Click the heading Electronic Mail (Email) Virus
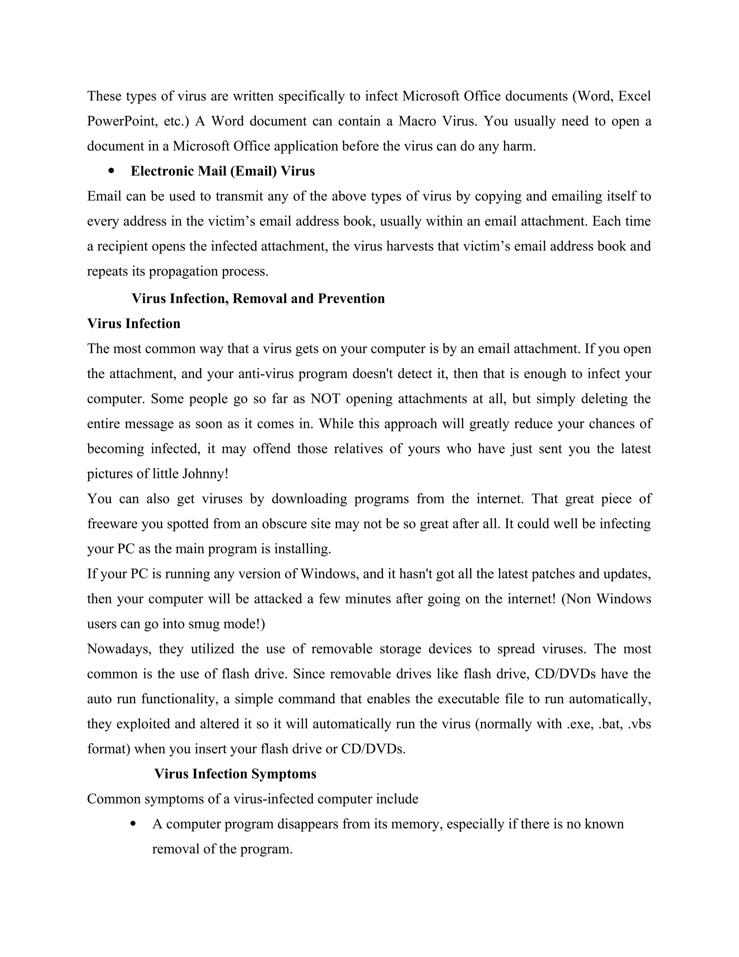pos(222,171)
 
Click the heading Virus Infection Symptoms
pos(235,774)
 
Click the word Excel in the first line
pos(634,96)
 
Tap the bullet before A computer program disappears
pos(133,824)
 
